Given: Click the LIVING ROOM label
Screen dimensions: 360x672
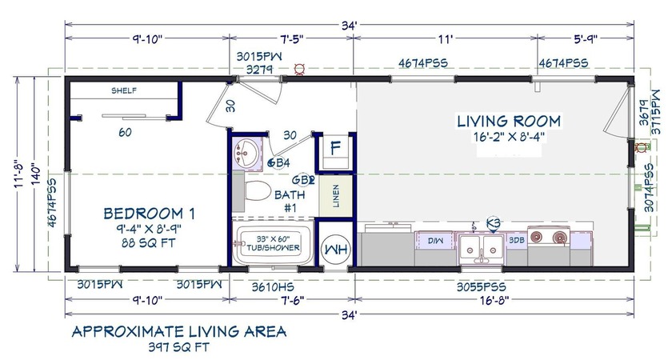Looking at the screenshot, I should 509,122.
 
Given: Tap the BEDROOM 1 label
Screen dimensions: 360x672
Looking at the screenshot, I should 150,214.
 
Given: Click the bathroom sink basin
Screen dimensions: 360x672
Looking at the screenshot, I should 248,152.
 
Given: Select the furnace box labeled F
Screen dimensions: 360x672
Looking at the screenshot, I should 336,150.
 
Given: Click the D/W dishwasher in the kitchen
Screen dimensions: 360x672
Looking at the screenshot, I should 434,240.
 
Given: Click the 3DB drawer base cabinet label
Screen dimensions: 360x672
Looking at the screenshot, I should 515,240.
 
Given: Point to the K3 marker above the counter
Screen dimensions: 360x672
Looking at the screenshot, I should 494,222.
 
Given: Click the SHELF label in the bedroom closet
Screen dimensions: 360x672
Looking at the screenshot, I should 123,90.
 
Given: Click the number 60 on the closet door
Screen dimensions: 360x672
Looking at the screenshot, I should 125,133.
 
